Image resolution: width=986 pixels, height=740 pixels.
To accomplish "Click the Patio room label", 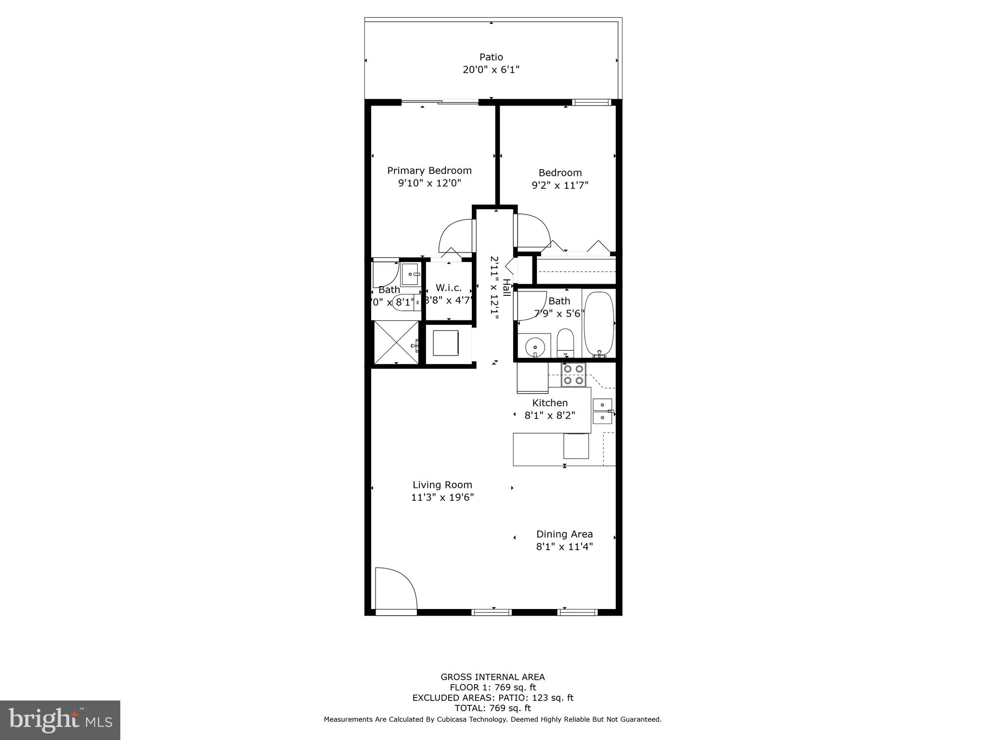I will point(491,57).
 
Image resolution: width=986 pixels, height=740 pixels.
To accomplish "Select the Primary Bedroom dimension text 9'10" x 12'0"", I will point(429,183).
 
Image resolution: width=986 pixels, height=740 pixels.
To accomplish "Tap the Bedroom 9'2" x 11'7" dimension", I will point(560,185).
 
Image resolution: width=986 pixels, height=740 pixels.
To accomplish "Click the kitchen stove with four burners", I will point(573,375).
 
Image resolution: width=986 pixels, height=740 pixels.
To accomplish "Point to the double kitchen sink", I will point(602,411).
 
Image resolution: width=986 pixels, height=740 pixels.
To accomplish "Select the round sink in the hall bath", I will point(534,345).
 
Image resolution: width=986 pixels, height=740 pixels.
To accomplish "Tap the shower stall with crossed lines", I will point(397,343).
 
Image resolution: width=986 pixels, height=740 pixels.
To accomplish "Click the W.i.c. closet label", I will point(448,288).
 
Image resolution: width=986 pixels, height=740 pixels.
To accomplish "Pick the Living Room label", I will point(442,485).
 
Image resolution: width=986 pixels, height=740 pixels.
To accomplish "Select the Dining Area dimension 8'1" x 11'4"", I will point(564,547).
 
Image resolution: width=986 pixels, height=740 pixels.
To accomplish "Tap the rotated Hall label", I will point(506,288).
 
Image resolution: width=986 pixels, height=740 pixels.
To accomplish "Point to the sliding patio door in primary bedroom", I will point(440,102).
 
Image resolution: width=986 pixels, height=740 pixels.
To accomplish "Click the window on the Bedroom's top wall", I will point(591,102).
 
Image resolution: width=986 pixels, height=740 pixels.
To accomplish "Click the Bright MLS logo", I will point(60,720).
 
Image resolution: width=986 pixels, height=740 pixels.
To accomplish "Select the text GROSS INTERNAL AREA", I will point(493,677).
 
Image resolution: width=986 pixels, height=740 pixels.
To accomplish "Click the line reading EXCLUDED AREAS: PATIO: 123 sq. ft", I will point(493,698).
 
